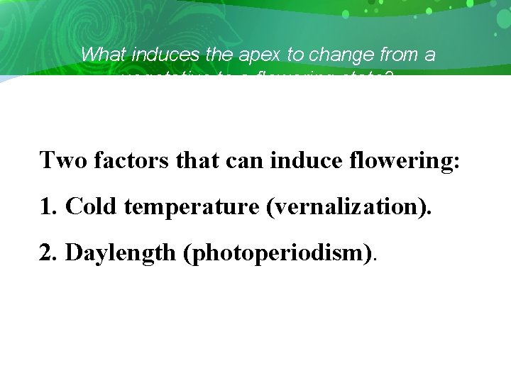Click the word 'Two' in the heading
(60, 160)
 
